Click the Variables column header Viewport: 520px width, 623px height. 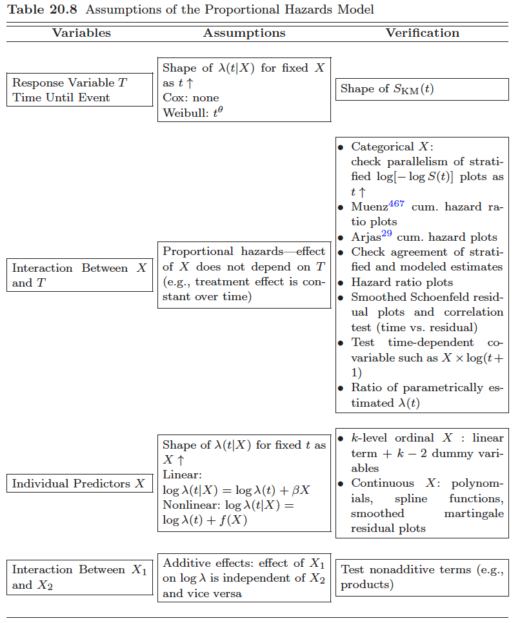81,33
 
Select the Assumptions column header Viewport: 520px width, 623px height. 244,33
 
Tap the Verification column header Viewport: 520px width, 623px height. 423,33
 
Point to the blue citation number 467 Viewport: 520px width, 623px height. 396,203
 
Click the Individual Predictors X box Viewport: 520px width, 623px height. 79,484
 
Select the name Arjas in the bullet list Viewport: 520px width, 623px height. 366,237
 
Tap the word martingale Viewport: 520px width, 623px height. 474,513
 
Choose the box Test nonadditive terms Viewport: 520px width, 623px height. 422,577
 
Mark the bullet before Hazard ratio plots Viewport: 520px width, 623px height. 341,283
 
